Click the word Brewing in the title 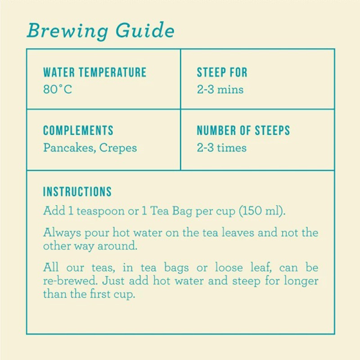(67, 31)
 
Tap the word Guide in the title (145, 31)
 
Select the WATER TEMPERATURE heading (94, 73)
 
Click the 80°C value (57, 89)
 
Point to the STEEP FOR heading (222, 73)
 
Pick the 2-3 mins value (220, 89)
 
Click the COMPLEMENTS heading (78, 131)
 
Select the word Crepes (118, 148)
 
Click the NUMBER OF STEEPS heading (243, 131)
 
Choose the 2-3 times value (221, 148)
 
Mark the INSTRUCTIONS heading (77, 191)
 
